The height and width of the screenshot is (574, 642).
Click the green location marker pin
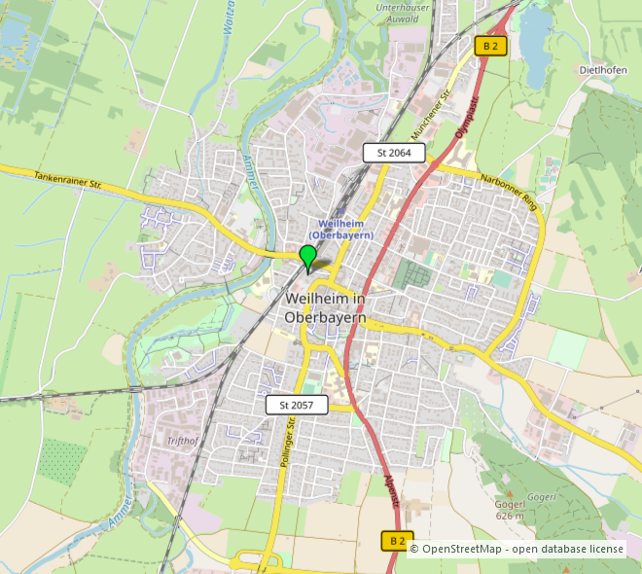pyautogui.click(x=308, y=258)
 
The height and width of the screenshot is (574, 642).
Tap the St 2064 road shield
pyautogui.click(x=394, y=153)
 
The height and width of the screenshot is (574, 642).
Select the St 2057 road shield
pyautogui.click(x=297, y=404)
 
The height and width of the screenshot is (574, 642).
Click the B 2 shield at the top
pyautogui.click(x=492, y=46)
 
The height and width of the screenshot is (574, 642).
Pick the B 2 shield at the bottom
pyautogui.click(x=396, y=541)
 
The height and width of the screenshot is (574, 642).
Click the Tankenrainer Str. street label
pyautogui.click(x=68, y=179)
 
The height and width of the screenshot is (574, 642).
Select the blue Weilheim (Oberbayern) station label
pyautogui.click(x=340, y=230)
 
